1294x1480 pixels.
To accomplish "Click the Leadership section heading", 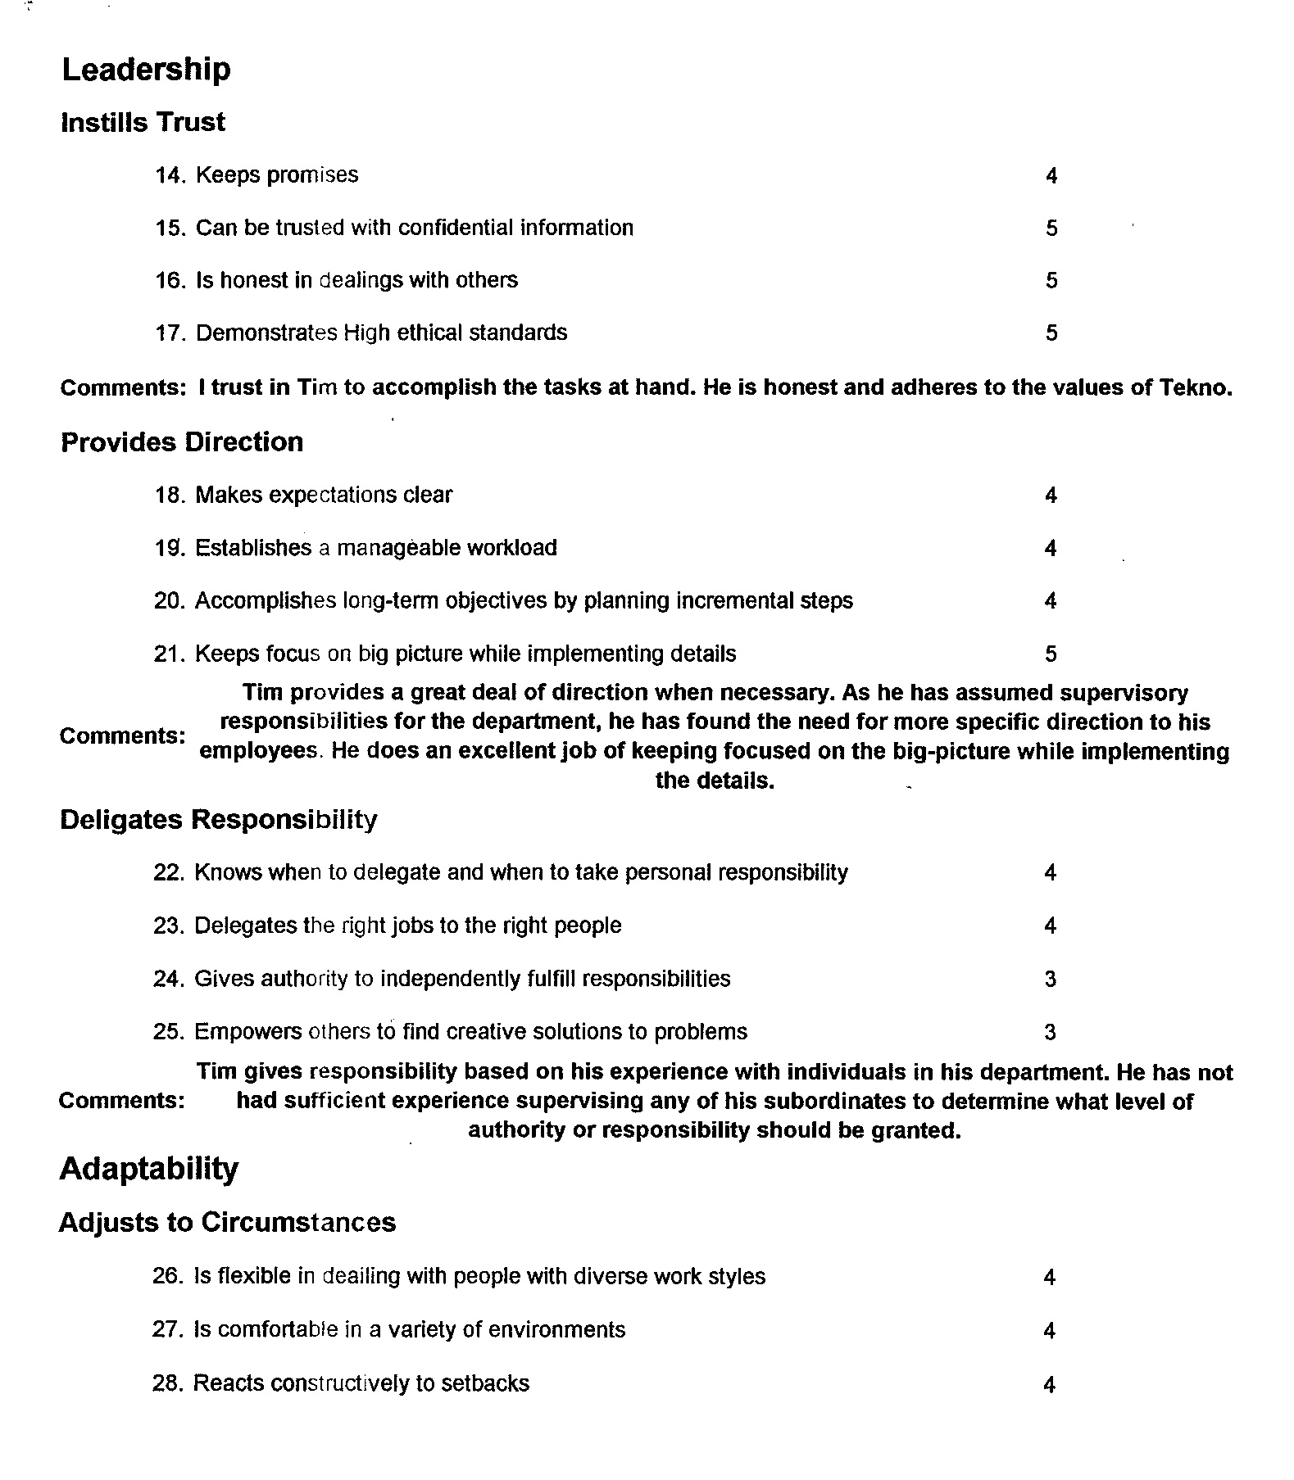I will tap(146, 70).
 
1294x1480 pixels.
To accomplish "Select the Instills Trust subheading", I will tap(143, 123).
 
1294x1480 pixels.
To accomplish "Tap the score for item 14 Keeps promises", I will tap(1051, 176).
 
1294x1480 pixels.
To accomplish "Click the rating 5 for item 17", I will tap(1051, 333).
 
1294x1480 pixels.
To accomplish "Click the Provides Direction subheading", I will tap(182, 442).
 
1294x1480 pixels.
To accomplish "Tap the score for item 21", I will tap(1051, 654).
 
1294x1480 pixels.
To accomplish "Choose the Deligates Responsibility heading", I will tap(219, 820).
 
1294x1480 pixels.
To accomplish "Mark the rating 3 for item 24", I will tap(1051, 980).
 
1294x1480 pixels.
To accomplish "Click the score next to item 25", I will tap(1051, 1033).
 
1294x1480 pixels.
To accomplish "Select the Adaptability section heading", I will tap(148, 1169).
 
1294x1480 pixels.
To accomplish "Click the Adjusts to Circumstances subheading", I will tap(227, 1223).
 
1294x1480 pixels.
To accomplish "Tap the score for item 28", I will tap(1049, 1385).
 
